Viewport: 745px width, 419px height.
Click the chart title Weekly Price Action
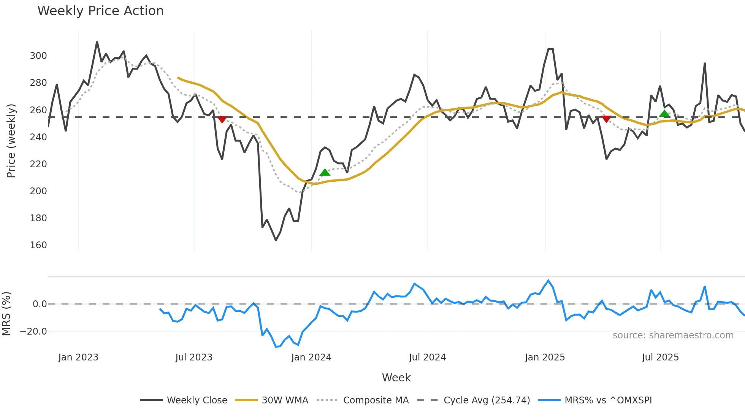pos(100,11)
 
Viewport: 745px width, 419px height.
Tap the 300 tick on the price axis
pos(38,56)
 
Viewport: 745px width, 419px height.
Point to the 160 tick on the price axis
pos(38,245)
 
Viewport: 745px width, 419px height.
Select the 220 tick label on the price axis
pos(38,164)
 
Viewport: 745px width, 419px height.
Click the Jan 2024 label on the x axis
pos(311,357)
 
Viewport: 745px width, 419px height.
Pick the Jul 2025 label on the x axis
pos(660,357)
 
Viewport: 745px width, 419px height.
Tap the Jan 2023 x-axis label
pos(78,357)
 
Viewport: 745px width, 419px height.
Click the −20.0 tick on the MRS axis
pos(33,332)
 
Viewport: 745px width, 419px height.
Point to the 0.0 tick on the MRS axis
pos(40,304)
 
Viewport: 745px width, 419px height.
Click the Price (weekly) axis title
pos(11,141)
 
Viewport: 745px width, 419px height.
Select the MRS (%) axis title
pos(6,314)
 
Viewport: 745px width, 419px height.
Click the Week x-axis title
pos(396,378)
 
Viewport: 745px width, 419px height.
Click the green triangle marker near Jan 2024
pos(325,173)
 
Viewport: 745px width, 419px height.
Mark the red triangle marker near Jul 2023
pos(222,119)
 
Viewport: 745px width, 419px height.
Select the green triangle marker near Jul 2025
pos(664,114)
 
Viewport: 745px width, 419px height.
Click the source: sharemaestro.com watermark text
pos(673,335)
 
